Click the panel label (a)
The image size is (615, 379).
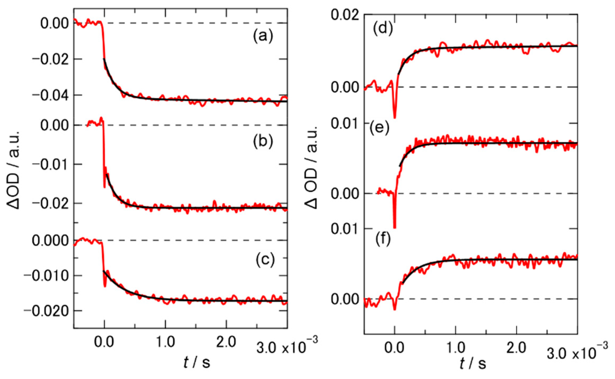point(263,36)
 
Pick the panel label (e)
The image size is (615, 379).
point(380,128)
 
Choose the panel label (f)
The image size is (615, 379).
point(382,240)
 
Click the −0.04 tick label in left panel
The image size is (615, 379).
point(50,95)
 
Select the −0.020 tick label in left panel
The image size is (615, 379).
point(46,311)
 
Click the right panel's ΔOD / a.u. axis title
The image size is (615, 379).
point(311,171)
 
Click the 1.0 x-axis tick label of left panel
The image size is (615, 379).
point(165,342)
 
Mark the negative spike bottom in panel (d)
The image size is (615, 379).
point(395,118)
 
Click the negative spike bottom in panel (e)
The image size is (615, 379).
point(395,228)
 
